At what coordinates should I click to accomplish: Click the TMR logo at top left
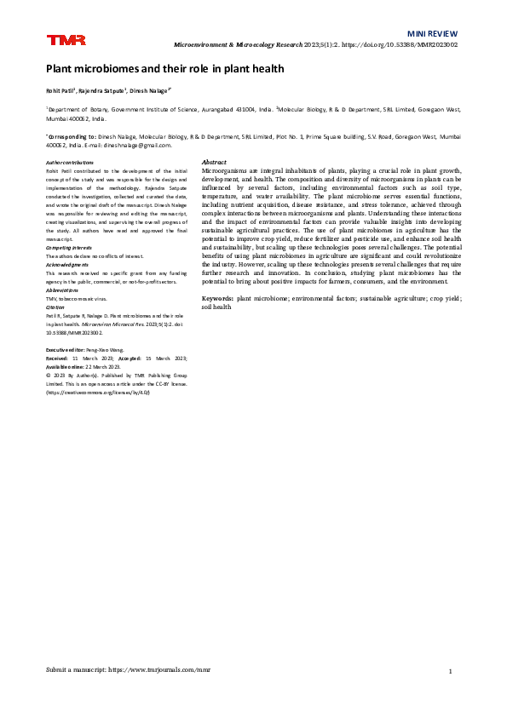click(60, 40)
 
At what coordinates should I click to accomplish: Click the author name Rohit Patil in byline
click(60, 89)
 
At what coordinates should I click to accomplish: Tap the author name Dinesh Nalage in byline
click(151, 89)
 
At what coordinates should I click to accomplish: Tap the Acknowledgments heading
click(69, 263)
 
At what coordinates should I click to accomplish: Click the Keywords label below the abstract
click(217, 300)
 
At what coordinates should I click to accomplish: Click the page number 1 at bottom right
click(450, 672)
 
